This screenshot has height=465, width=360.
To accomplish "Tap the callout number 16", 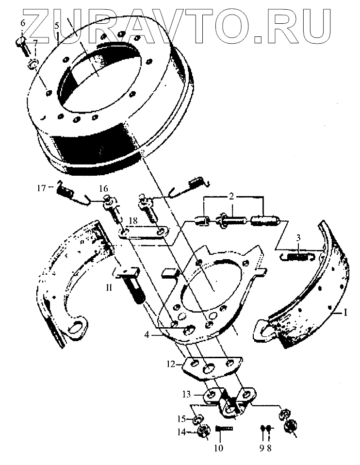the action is point(103,188).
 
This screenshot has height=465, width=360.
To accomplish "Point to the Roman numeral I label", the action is point(345,313).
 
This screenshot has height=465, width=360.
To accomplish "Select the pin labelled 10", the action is point(224,428).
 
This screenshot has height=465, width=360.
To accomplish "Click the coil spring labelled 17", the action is point(65,190).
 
